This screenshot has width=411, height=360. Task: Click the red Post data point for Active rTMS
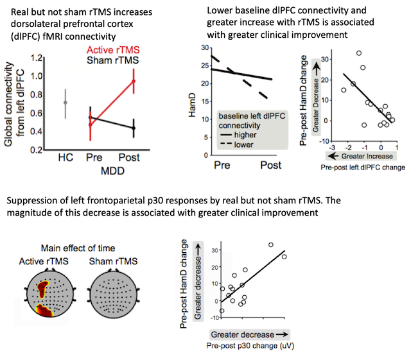pyautogui.click(x=134, y=81)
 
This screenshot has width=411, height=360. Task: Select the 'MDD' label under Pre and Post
pyautogui.click(x=112, y=172)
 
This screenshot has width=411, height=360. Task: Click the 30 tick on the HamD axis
pyautogui.click(x=205, y=48)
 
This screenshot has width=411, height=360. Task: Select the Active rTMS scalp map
pyautogui.click(x=46, y=296)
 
